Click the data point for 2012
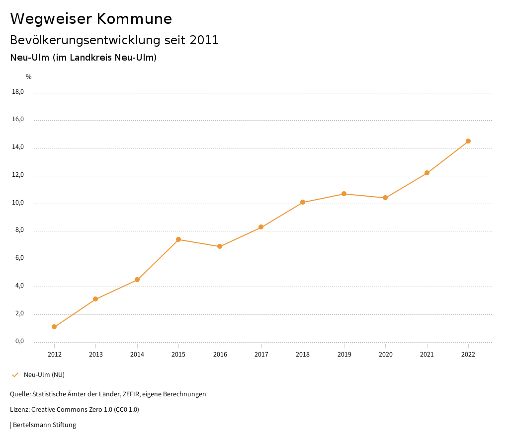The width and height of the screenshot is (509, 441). tap(54, 327)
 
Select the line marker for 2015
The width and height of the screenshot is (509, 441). tap(178, 239)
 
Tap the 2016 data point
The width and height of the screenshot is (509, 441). tap(220, 246)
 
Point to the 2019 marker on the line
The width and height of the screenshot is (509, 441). tap(344, 194)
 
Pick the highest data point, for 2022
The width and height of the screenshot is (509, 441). tap(468, 141)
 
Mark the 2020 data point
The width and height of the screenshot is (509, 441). tap(385, 198)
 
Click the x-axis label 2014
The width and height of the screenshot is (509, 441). tap(137, 355)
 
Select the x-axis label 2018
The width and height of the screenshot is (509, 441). tap(303, 355)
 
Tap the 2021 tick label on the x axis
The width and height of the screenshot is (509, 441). tap(427, 355)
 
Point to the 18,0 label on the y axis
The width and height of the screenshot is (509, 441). tap(18, 92)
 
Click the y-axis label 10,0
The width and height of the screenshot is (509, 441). tap(18, 203)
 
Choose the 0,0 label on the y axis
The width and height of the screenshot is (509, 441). tap(19, 342)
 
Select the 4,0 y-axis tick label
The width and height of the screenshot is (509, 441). tap(19, 286)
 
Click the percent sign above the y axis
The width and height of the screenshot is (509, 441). tap(29, 77)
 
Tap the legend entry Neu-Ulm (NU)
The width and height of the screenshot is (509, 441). tap(44, 375)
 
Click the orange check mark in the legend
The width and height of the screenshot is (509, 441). tap(15, 375)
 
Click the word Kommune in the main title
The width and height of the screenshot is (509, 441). tap(134, 19)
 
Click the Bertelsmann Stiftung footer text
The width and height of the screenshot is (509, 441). tap(44, 425)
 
